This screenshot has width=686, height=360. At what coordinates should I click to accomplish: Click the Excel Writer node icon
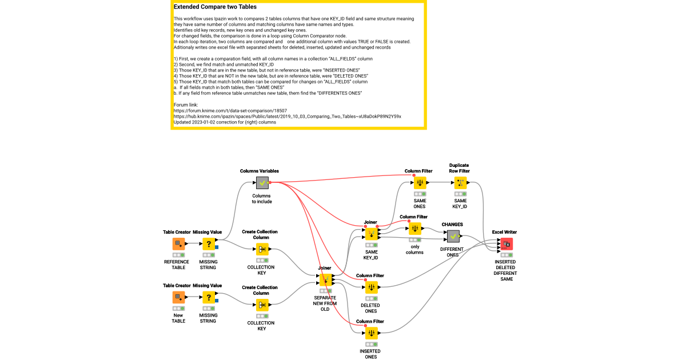pyautogui.click(x=506, y=244)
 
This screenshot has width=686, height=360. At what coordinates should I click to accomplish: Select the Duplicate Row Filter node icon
pyautogui.click(x=459, y=183)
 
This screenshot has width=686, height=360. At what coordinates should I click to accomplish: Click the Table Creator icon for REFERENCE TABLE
pyautogui.click(x=179, y=244)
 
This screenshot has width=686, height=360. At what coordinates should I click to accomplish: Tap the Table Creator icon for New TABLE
pyautogui.click(x=179, y=297)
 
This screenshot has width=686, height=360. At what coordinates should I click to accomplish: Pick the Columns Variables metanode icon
pyautogui.click(x=262, y=183)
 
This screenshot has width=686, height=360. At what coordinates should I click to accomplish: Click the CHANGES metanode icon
pyautogui.click(x=453, y=235)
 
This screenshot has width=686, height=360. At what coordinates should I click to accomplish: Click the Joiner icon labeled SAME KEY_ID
pyautogui.click(x=371, y=234)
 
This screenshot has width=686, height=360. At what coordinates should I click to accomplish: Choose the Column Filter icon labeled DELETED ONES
pyautogui.click(x=371, y=287)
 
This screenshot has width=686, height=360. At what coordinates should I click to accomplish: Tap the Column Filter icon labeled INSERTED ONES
pyautogui.click(x=371, y=333)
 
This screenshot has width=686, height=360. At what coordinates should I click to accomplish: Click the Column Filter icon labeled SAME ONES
pyautogui.click(x=420, y=183)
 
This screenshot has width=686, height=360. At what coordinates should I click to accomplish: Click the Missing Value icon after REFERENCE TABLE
pyautogui.click(x=209, y=244)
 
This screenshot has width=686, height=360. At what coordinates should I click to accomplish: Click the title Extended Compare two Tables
pyautogui.click(x=215, y=7)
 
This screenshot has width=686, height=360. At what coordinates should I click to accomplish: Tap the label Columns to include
pyautogui.click(x=262, y=198)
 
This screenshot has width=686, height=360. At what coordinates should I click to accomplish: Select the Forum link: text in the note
pyautogui.click(x=185, y=105)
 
